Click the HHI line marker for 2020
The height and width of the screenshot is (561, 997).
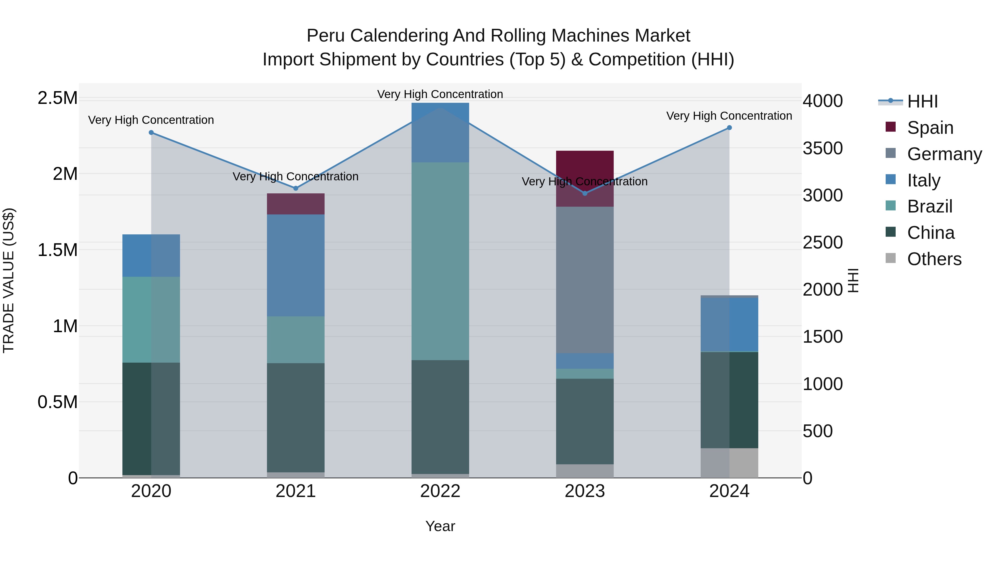tap(151, 132)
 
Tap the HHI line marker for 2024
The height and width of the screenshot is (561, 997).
tap(729, 128)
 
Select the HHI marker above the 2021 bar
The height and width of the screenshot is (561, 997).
tap(296, 188)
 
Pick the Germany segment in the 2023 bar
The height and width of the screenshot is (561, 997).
tap(585, 280)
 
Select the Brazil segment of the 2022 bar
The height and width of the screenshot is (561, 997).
tap(440, 261)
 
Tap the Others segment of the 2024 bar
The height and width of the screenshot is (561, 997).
tap(729, 463)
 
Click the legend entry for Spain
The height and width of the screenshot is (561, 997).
tap(930, 128)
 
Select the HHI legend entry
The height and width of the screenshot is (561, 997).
tap(922, 101)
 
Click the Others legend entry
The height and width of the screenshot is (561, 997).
tap(934, 259)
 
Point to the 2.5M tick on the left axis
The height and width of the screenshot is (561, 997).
tap(57, 98)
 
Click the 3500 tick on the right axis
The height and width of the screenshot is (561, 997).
tap(823, 148)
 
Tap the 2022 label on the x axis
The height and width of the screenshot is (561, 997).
tap(440, 491)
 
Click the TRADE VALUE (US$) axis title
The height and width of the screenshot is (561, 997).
tap(9, 280)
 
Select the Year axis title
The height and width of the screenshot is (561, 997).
tap(440, 526)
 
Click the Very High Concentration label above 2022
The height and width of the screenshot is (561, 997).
tap(440, 94)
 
